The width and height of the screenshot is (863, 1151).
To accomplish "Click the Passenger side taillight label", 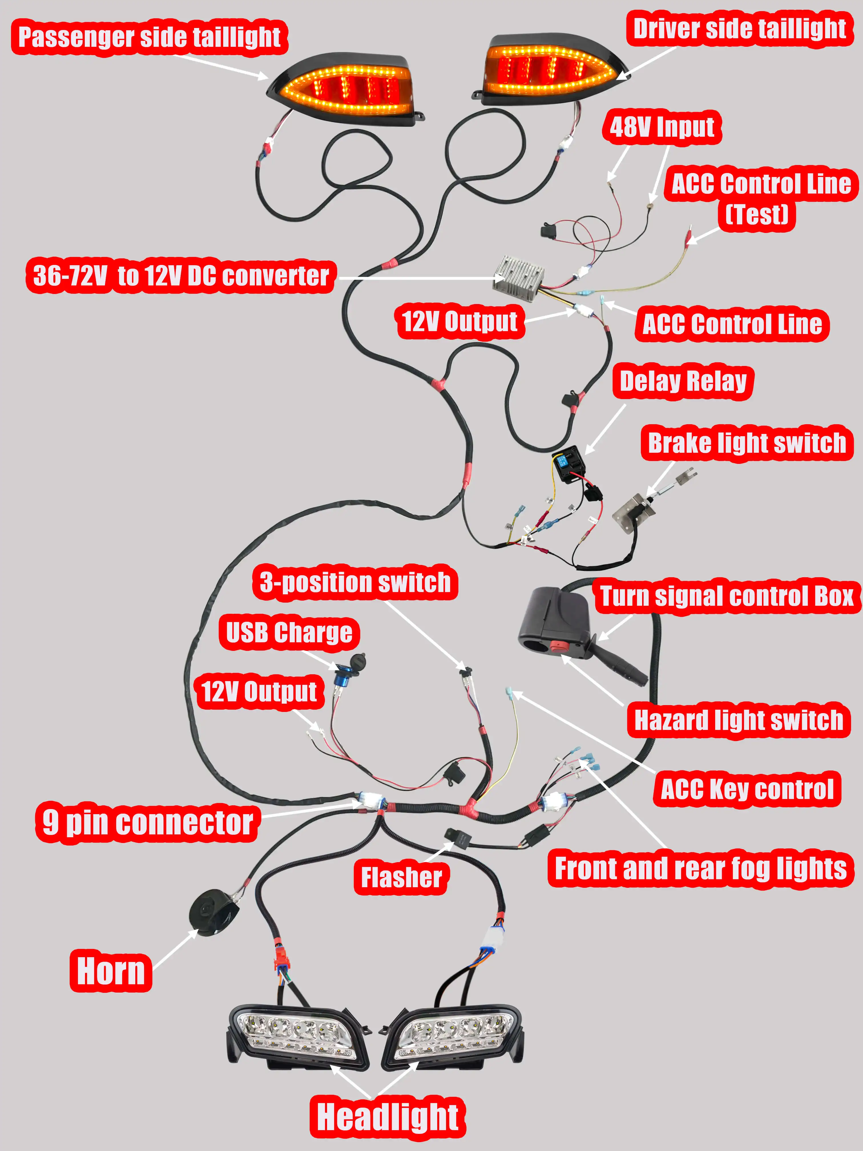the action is pyautogui.click(x=149, y=37).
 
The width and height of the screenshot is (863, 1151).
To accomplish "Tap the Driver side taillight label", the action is pyautogui.click(x=739, y=29).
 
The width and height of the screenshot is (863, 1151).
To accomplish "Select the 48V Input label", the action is pyautogui.click(x=662, y=127).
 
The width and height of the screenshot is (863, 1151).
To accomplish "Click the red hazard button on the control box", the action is pyautogui.click(x=559, y=647).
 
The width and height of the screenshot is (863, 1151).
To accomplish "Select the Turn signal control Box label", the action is pyautogui.click(x=727, y=596).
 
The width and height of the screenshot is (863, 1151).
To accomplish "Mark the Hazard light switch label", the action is pyautogui.click(x=739, y=720).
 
